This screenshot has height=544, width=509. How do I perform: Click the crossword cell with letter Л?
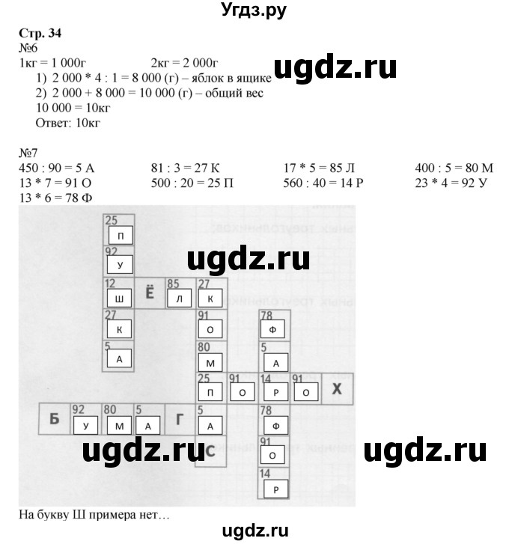click(x=180, y=296)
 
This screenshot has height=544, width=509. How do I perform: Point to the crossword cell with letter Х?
click(x=337, y=388)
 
